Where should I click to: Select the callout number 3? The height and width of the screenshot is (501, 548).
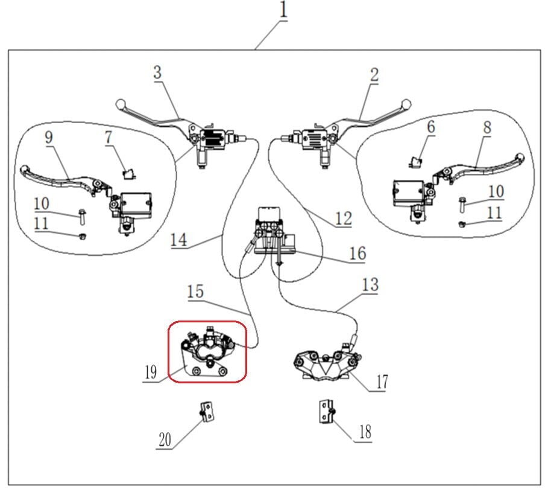pyautogui.click(x=157, y=73)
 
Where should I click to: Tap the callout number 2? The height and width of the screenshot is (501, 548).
pyautogui.click(x=374, y=75)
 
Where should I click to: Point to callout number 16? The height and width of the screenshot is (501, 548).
pyautogui.click(x=357, y=253)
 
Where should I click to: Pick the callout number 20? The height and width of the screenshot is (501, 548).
pyautogui.click(x=165, y=440)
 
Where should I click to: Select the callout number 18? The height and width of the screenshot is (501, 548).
pyautogui.click(x=364, y=432)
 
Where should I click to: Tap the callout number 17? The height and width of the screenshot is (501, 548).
pyautogui.click(x=381, y=381)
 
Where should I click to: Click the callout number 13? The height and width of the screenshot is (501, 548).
pyautogui.click(x=371, y=285)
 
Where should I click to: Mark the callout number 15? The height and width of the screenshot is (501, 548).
pyautogui.click(x=195, y=292)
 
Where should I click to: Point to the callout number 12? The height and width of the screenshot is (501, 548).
pyautogui.click(x=343, y=218)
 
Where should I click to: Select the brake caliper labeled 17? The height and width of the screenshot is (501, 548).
pyautogui.click(x=326, y=366)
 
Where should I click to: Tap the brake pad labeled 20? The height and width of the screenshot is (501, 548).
pyautogui.click(x=207, y=413)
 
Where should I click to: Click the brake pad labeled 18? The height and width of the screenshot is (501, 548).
pyautogui.click(x=326, y=412)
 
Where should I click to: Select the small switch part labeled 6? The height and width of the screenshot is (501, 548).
pyautogui.click(x=415, y=161)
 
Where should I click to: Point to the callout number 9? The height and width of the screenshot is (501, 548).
pyautogui.click(x=48, y=137)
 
